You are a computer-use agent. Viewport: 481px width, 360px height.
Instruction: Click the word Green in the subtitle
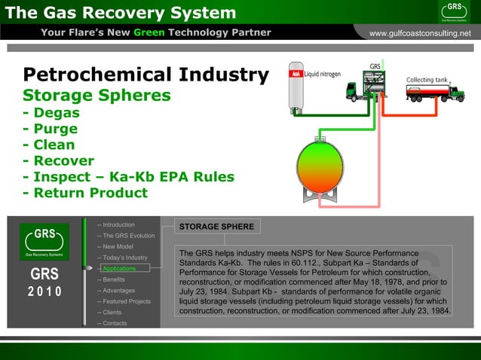pos(149,32)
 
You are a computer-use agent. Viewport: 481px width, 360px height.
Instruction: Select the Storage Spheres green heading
pos(97,96)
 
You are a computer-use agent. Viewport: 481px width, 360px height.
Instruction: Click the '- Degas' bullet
pos(51,113)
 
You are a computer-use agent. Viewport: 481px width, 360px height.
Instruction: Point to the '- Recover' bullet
pos(59,160)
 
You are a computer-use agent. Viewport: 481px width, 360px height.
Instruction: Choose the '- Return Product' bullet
pos(85,193)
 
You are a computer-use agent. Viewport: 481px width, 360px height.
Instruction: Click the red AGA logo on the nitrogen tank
pos(296,75)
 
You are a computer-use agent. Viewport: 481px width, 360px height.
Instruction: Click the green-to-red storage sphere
pos(320,166)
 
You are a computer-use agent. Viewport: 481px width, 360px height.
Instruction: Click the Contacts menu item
pos(115,323)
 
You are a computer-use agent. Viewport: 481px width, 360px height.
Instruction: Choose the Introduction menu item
pos(118,224)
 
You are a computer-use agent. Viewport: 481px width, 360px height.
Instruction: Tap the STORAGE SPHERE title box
pos(215,227)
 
